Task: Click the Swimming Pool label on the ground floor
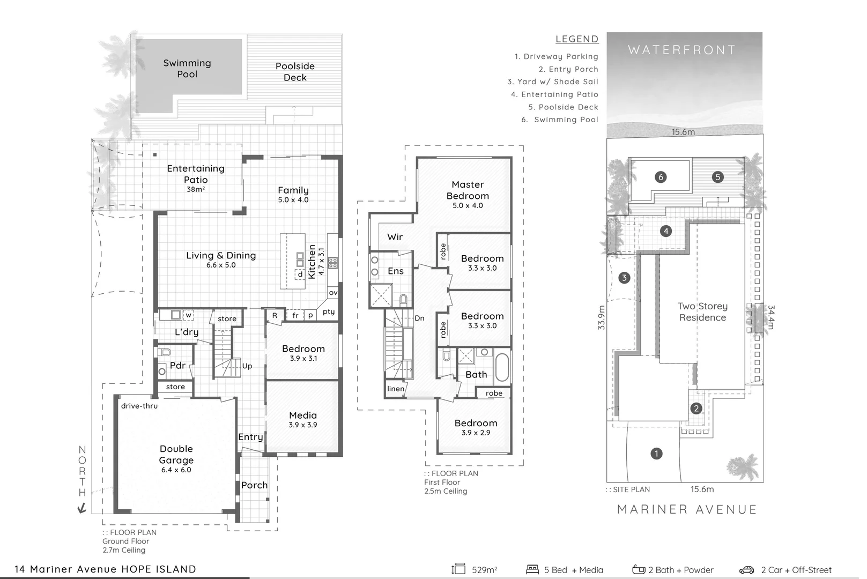click(187, 69)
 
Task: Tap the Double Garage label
click(176, 455)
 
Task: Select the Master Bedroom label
click(468, 190)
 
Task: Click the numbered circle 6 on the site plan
click(661, 177)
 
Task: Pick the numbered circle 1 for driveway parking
click(656, 454)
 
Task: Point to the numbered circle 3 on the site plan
click(624, 278)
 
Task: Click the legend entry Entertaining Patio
click(554, 94)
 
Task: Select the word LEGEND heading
click(577, 39)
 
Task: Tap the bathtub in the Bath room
click(502, 367)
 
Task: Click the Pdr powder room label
click(177, 366)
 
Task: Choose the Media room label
click(303, 415)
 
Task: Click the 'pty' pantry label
click(329, 311)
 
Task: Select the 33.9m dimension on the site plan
click(601, 317)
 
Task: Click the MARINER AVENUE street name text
click(687, 509)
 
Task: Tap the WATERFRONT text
click(681, 50)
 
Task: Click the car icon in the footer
click(746, 570)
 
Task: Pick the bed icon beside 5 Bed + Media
click(532, 569)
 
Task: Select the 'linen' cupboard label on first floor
click(396, 389)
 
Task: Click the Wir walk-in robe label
click(395, 237)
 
